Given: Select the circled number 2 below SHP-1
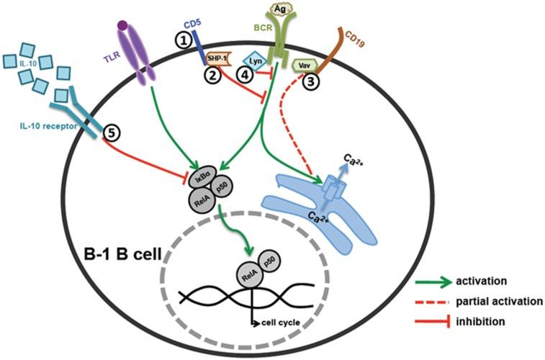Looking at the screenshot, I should point(213,76).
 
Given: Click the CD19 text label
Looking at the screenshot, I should point(354,33).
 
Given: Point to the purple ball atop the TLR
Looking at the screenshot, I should point(123,27).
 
